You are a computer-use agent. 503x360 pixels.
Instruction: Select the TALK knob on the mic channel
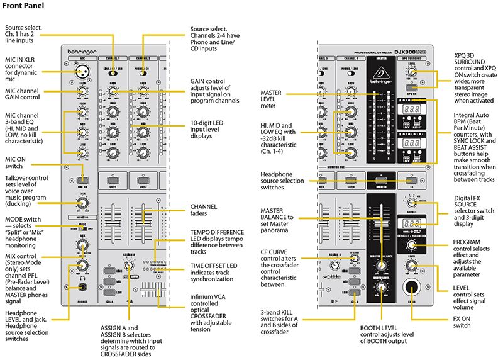click(82, 203)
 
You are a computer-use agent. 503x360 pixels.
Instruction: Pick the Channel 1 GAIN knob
click(113, 91)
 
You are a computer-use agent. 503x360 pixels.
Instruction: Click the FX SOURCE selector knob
click(411, 203)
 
